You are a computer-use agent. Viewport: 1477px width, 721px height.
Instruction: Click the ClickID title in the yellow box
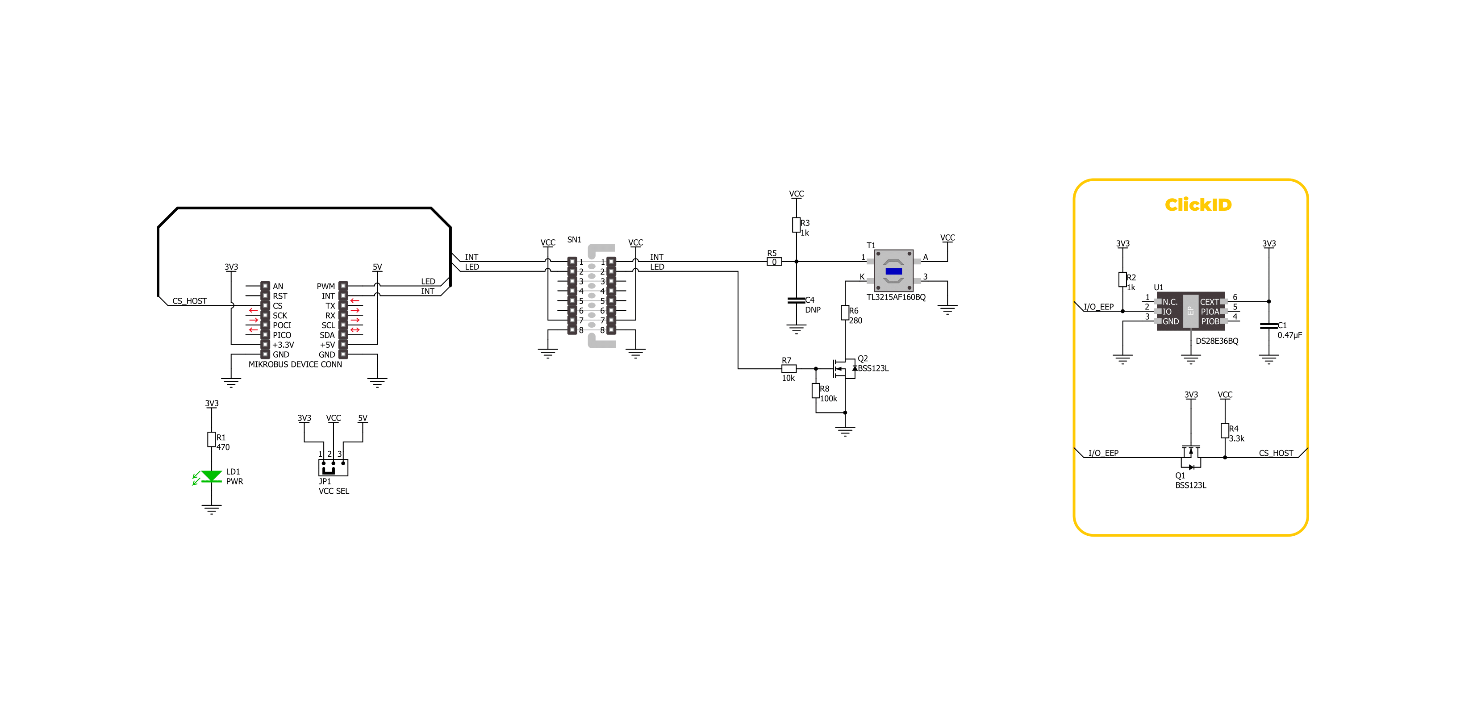point(1198,204)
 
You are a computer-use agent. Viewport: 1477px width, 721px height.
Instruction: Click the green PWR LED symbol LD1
point(211,476)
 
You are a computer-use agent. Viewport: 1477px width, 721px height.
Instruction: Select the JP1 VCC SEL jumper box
point(333,467)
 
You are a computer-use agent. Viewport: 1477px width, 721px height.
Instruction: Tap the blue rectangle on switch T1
point(893,271)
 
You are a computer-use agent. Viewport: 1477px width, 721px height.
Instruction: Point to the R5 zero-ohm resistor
point(774,262)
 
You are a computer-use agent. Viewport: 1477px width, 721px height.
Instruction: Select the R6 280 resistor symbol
point(845,313)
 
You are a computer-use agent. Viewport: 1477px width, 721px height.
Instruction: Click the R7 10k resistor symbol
point(789,368)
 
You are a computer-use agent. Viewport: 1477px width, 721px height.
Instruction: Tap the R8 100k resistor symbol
point(816,391)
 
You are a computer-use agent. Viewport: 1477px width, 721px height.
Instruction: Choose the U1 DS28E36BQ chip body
point(1190,311)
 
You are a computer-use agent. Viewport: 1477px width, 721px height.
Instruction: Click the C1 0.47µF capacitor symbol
point(1269,325)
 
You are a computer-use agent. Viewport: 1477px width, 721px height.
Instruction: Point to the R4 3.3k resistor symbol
point(1225,430)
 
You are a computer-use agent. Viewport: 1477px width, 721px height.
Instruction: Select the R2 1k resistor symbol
point(1122,279)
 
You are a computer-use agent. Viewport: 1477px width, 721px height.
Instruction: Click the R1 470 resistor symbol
point(212,439)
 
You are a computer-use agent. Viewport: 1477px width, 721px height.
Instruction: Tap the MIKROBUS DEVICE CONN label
point(295,364)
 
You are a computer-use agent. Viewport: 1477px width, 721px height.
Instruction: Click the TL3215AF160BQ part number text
point(896,297)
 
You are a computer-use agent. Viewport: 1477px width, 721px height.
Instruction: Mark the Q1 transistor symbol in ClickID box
point(1191,457)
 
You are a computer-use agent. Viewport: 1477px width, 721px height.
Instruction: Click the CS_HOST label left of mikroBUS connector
point(190,301)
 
